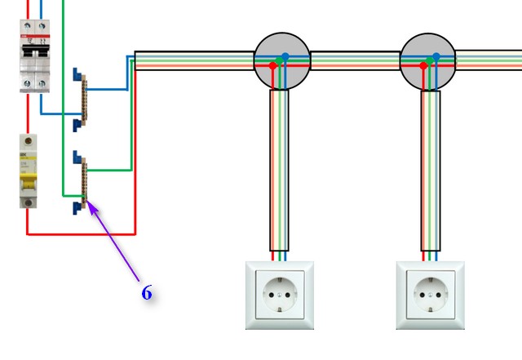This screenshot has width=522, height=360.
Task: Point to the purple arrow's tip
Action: point(89,204)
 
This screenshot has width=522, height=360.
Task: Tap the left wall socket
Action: point(280,295)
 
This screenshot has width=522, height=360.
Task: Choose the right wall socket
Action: point(430,295)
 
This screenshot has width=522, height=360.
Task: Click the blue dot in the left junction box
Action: point(285,57)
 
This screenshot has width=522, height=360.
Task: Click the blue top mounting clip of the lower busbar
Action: point(77,158)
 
